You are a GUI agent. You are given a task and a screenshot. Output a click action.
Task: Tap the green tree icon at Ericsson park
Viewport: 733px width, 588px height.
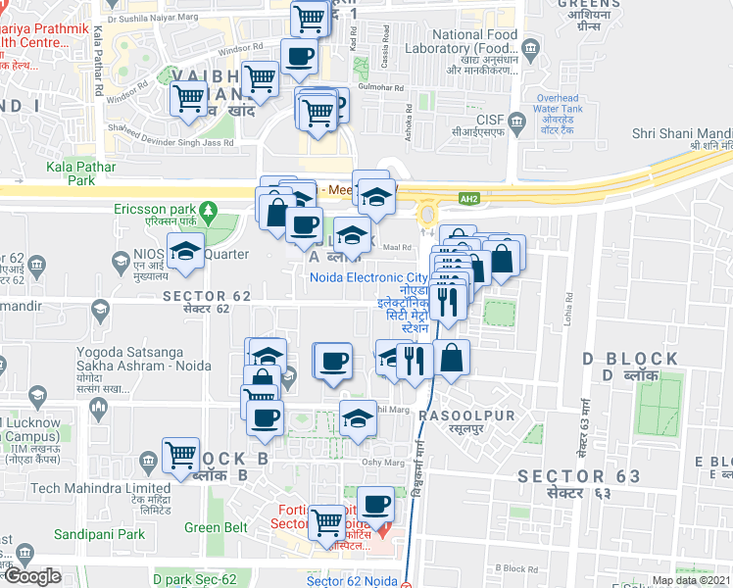(x=207, y=210)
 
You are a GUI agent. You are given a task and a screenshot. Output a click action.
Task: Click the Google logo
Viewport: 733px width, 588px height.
(x=32, y=576)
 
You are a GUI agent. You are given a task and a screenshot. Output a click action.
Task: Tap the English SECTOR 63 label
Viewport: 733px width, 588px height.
(x=579, y=476)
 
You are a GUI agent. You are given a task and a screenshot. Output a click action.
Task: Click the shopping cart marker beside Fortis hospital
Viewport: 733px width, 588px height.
(x=326, y=523)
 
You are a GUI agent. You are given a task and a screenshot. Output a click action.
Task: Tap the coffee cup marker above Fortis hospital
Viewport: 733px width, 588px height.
(x=375, y=504)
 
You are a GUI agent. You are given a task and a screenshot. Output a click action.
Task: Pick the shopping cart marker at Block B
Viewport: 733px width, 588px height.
(x=181, y=455)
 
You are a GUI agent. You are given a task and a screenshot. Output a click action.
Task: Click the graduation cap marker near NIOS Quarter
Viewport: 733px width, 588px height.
(x=185, y=250)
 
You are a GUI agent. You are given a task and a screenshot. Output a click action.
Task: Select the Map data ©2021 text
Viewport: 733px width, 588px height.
(x=690, y=580)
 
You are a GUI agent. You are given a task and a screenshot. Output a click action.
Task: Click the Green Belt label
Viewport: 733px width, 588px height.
(x=216, y=527)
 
